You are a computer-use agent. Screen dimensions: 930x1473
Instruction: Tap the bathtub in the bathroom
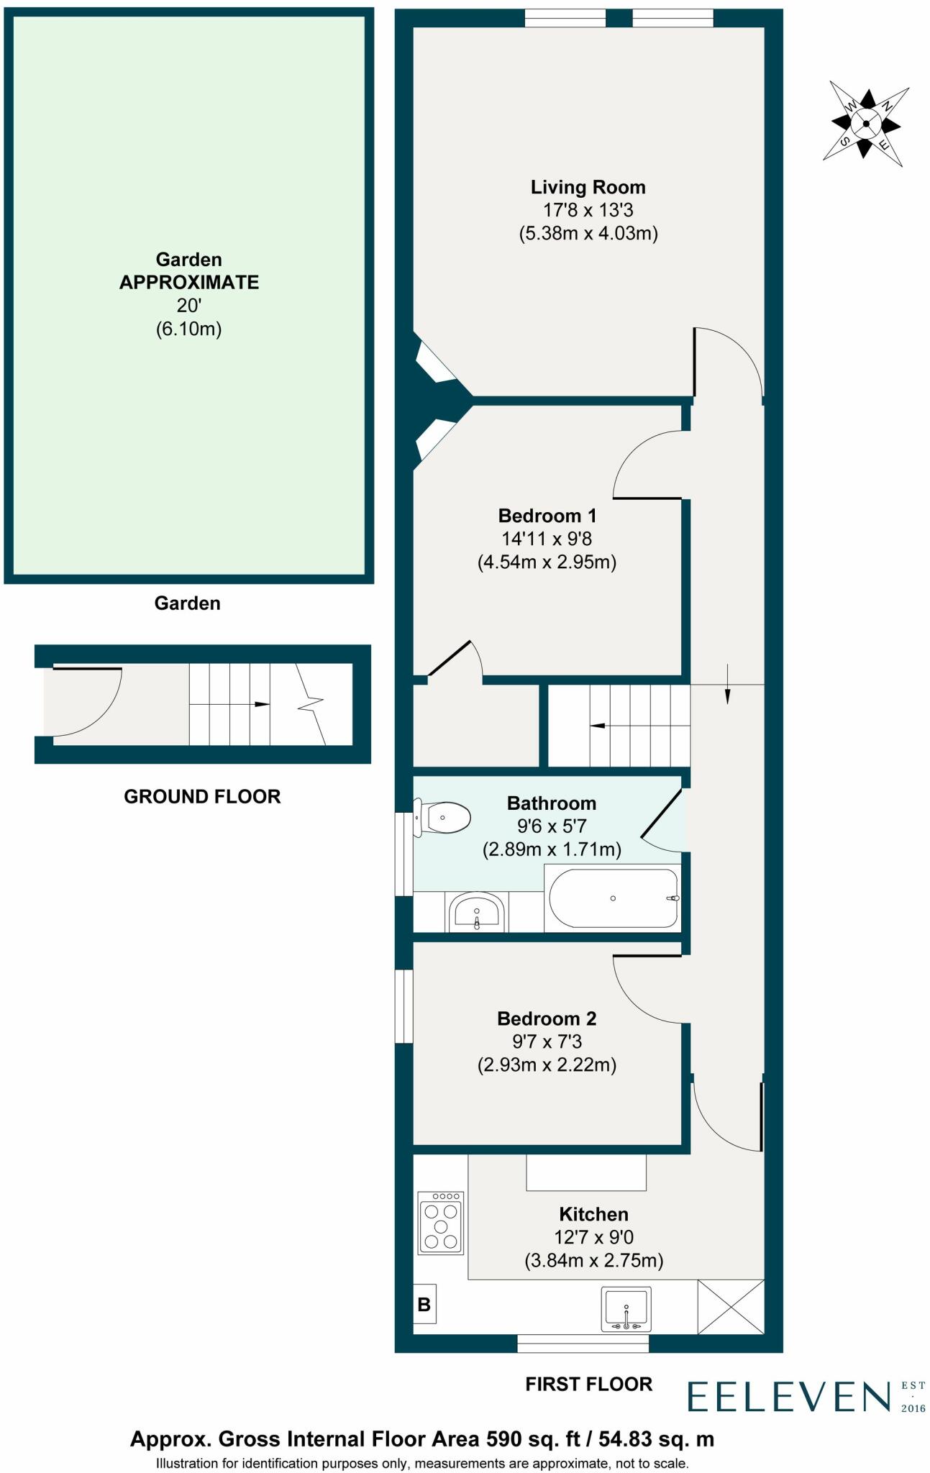coord(614,898)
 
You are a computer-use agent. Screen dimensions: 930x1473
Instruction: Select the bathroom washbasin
coord(477,913)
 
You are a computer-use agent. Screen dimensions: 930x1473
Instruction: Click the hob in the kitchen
coord(441,1223)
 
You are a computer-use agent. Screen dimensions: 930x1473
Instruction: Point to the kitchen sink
coord(626,1308)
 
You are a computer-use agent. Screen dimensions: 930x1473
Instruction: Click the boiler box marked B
coord(424,1304)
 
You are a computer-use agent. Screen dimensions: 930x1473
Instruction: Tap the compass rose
coord(866,124)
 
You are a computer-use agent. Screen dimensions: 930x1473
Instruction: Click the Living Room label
coord(588,187)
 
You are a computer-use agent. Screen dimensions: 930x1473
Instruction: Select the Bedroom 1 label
coord(547,516)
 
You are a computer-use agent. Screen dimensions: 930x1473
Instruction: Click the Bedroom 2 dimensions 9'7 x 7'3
coord(547,1041)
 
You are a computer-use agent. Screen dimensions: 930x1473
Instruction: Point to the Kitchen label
coord(594,1214)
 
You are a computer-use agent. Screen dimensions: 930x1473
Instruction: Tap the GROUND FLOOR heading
coord(202,796)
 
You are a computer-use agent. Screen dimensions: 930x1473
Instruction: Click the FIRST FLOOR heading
coord(589,1384)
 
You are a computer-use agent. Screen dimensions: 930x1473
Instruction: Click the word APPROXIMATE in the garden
coord(189,282)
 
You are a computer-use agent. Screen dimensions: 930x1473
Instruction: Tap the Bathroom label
coord(552,803)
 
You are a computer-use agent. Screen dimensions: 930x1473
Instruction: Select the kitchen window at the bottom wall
coord(583,1342)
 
